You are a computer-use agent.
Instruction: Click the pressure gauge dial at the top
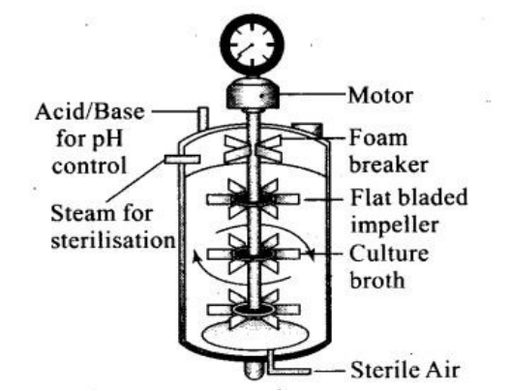(x=253, y=45)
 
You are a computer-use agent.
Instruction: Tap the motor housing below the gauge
(x=253, y=94)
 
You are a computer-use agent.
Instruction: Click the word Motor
(x=380, y=96)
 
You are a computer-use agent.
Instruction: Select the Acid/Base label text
(x=90, y=111)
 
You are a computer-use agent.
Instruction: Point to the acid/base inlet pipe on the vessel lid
(x=202, y=118)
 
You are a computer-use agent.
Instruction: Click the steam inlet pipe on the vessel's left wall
(x=182, y=160)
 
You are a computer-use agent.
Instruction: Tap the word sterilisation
(x=113, y=241)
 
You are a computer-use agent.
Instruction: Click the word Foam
(x=378, y=138)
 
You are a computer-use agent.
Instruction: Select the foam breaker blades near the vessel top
(x=253, y=149)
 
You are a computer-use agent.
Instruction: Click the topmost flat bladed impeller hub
(x=253, y=198)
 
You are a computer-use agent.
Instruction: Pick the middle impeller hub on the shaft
(x=253, y=254)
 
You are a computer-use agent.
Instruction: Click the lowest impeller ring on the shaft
(x=253, y=309)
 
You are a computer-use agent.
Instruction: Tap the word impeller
(x=394, y=226)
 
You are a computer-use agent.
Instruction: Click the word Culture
(x=389, y=254)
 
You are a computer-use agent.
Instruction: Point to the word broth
(x=377, y=281)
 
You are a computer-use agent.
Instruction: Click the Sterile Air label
(x=406, y=370)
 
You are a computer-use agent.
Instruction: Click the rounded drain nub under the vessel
(x=254, y=370)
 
